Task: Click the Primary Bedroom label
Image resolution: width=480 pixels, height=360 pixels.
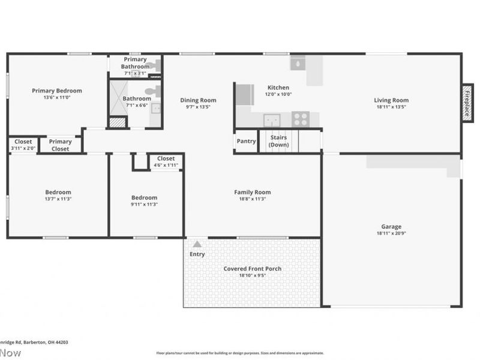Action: click(x=57, y=91)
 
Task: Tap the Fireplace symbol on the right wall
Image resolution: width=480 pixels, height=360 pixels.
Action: click(x=467, y=103)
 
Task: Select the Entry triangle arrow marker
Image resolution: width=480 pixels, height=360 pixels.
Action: click(x=196, y=244)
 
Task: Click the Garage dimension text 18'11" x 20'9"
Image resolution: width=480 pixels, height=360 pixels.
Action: click(x=391, y=233)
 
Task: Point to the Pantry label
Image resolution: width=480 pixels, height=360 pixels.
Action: click(x=246, y=142)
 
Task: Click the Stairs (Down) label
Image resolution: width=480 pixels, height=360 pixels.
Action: click(x=278, y=142)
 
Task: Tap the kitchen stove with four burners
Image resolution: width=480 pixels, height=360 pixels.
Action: click(x=301, y=119)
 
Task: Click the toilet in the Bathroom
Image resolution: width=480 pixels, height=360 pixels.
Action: click(x=153, y=92)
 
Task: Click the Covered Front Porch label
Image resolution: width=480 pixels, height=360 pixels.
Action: click(x=252, y=268)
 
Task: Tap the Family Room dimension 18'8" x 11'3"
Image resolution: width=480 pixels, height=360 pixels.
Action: click(x=252, y=199)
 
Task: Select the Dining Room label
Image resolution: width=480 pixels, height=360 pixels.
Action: click(x=198, y=100)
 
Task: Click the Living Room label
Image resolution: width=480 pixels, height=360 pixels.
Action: click(x=391, y=100)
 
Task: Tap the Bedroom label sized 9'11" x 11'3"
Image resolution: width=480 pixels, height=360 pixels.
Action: click(x=144, y=197)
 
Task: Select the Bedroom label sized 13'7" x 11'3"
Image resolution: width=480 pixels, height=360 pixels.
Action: click(x=58, y=192)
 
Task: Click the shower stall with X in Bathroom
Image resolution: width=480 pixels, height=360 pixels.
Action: click(x=118, y=98)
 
